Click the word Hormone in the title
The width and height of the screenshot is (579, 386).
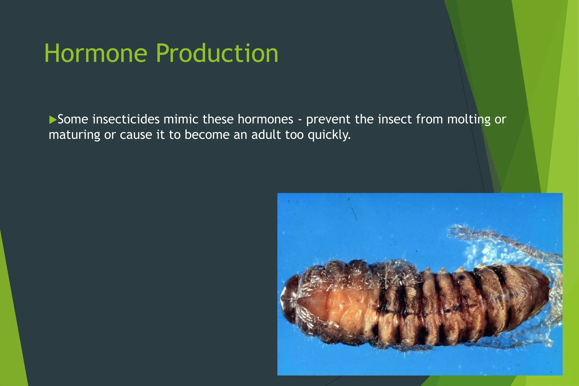click(x=96, y=53)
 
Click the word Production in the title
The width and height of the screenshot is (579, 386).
click(x=217, y=53)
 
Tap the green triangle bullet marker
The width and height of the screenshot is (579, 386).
click(x=53, y=120)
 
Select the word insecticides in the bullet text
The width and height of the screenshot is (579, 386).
click(x=126, y=119)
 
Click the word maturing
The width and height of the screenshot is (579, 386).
click(x=74, y=135)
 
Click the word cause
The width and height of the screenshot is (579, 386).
click(x=136, y=135)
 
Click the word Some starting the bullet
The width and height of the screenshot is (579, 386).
click(x=73, y=119)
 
